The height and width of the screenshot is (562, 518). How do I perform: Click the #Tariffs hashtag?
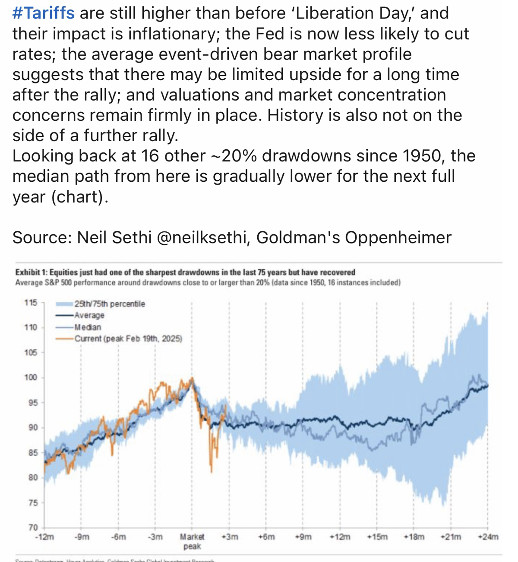coord(43,13)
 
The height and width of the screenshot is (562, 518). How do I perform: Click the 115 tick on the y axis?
coord(31,302)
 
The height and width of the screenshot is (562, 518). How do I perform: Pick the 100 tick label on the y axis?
coord(31,377)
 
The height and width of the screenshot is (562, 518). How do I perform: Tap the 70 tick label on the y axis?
coord(33,527)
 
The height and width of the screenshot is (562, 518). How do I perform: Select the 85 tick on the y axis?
coord(33,452)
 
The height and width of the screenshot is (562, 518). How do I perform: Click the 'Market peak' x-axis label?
coord(192,541)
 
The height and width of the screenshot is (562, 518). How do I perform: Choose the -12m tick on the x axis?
coord(44,537)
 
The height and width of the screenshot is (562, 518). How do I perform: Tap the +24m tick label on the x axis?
coord(488,537)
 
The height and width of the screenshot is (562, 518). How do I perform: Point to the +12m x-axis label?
coord(340,537)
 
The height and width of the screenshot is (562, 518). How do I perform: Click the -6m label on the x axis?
coord(118,537)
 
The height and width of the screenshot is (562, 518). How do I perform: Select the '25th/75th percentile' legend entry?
coord(110,304)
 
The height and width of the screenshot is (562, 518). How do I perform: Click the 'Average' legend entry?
coord(89,316)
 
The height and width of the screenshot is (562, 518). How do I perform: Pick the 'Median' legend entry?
coord(88,327)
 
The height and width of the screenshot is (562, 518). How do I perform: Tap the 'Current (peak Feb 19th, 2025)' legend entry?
coord(128,339)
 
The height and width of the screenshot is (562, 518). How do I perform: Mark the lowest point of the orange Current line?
coord(212,472)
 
